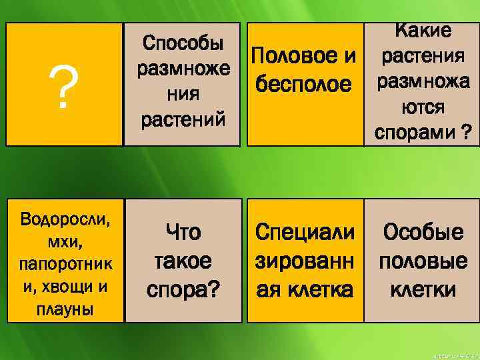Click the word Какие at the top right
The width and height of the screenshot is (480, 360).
(x=423, y=30)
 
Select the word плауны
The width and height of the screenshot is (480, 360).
(x=66, y=310)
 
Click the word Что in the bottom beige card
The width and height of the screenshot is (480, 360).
(x=182, y=233)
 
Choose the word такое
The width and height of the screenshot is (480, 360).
(x=182, y=261)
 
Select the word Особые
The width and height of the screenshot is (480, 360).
(x=423, y=233)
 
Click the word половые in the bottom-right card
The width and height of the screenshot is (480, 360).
(x=423, y=261)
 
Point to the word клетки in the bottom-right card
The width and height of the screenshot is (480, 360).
(x=423, y=289)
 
